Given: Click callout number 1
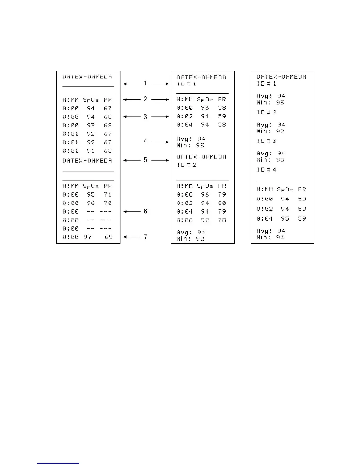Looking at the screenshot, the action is (145, 84).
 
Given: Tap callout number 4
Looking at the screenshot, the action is (145, 141).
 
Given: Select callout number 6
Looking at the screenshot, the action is (145, 211).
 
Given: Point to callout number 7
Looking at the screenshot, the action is (145, 237).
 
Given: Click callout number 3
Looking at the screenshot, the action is (145, 116).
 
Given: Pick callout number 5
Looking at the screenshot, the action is (145, 160).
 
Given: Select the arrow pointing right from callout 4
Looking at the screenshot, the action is (160, 142).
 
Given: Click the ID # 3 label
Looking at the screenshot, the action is (266, 141).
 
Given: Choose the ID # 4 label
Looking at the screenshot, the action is (266, 170).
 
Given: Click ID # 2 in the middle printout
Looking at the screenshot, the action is (186, 165).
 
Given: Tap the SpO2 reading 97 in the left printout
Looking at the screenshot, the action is (87, 237).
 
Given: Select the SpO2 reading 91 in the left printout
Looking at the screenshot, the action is (91, 151).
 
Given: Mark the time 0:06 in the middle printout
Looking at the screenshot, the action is (185, 220).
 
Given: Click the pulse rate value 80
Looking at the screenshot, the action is (222, 203).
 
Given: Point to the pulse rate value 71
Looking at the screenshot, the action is (108, 194).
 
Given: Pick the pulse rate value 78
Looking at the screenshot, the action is (222, 220).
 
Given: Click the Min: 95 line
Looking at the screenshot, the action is (270, 160).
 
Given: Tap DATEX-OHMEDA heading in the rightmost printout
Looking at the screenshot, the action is (281, 77).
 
